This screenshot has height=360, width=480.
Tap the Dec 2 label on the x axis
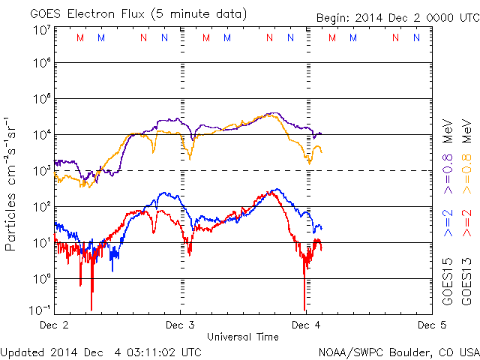[x=54, y=325]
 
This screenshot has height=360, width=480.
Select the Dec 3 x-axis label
[x=180, y=325]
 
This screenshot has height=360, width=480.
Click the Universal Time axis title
[x=243, y=337]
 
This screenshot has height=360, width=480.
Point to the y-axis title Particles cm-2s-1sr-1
[x=12, y=184]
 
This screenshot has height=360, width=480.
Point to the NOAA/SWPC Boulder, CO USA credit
[x=398, y=352]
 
